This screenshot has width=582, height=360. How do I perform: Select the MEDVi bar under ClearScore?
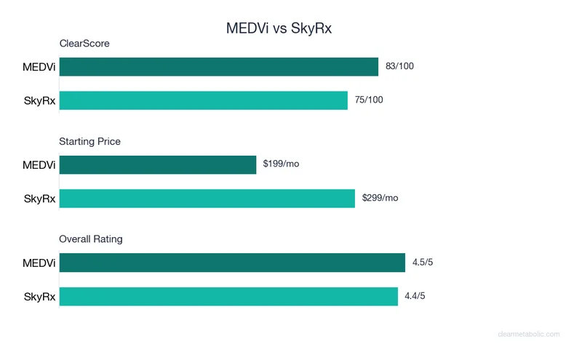[218, 67]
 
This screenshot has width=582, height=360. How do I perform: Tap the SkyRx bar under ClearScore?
[203, 100]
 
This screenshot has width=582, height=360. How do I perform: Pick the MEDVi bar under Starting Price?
[158, 164]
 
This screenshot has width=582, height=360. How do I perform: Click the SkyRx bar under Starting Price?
[207, 198]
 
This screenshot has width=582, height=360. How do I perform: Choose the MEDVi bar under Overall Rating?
[232, 263]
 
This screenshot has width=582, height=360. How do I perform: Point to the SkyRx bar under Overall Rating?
[228, 296]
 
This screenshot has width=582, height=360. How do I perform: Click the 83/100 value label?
[399, 67]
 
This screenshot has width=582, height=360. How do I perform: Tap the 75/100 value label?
[369, 100]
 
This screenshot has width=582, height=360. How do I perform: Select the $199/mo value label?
[281, 164]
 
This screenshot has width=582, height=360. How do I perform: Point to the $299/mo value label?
[380, 198]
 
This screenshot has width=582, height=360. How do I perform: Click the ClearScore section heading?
[84, 44]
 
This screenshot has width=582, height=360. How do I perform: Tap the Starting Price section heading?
[89, 141]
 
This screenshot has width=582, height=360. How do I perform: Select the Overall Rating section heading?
[91, 239]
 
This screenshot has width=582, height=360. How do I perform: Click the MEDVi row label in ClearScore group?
[39, 67]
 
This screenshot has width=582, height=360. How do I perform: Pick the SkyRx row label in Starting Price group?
[40, 198]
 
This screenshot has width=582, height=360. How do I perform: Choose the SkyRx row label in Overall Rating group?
[40, 296]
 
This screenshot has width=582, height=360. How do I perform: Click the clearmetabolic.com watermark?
[529, 335]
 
